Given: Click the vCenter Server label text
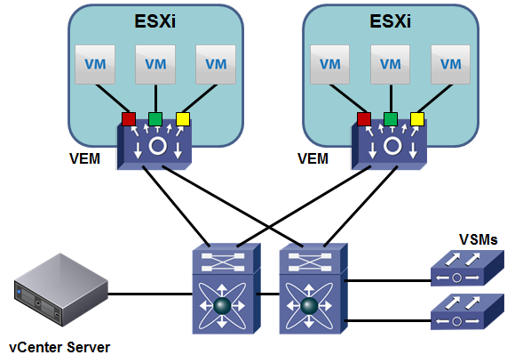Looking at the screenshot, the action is click(59, 348).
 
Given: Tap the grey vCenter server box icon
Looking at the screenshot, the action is click(60, 290).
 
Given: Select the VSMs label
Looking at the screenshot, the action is click(479, 239).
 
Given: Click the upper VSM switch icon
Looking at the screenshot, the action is click(467, 268).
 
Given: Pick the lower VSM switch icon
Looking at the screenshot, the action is click(467, 311).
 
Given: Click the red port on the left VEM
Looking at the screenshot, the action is click(129, 119).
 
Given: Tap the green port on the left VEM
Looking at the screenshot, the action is click(155, 119).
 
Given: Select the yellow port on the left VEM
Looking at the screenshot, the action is click(183, 119).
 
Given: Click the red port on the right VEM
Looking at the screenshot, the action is click(364, 119).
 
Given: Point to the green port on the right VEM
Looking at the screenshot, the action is click(391, 119).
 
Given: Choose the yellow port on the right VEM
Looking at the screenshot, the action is click(417, 119).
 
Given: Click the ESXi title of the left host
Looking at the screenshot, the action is click(155, 21).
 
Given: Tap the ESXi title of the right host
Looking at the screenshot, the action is click(391, 21).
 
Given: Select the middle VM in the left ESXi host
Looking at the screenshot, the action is click(155, 64).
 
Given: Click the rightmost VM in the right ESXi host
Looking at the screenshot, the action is click(450, 64).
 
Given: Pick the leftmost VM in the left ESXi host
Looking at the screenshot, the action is click(95, 64).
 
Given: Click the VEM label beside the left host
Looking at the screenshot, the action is click(84, 158).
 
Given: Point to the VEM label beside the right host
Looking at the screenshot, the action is click(313, 158).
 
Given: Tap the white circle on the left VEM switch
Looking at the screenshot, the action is click(158, 146).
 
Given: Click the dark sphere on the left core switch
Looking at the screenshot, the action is click(222, 306).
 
